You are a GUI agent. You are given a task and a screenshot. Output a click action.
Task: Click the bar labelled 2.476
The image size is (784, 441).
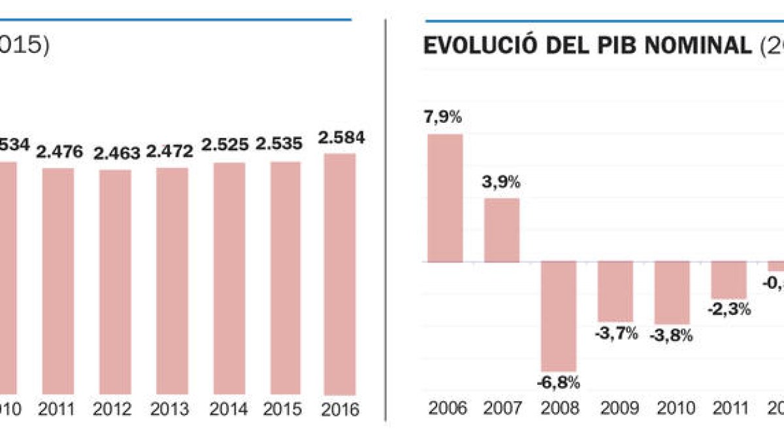[x=58, y=281]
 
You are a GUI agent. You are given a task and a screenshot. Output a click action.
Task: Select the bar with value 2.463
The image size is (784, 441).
[x=115, y=282]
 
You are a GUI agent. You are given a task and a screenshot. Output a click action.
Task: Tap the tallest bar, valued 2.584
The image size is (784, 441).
[x=340, y=274]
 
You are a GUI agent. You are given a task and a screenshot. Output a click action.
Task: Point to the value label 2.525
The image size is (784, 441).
[x=225, y=145]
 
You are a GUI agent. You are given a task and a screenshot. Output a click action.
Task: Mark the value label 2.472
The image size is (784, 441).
[x=170, y=152]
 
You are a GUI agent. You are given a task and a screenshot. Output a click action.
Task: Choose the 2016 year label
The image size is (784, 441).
[x=340, y=410]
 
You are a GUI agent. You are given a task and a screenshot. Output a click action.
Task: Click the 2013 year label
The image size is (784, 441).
[x=169, y=410]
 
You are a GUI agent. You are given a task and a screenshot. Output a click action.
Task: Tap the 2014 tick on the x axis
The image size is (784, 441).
[x=228, y=410]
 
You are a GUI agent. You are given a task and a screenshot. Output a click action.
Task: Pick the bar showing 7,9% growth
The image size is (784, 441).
[x=445, y=198]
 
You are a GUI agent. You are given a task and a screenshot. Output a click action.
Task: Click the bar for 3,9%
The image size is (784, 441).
[x=502, y=230]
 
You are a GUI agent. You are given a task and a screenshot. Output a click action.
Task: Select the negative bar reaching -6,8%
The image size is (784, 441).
[x=559, y=316]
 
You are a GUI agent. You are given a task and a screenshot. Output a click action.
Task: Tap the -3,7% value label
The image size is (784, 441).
[x=615, y=333]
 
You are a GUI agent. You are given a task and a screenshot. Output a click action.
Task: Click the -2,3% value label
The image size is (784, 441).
[x=729, y=310]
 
